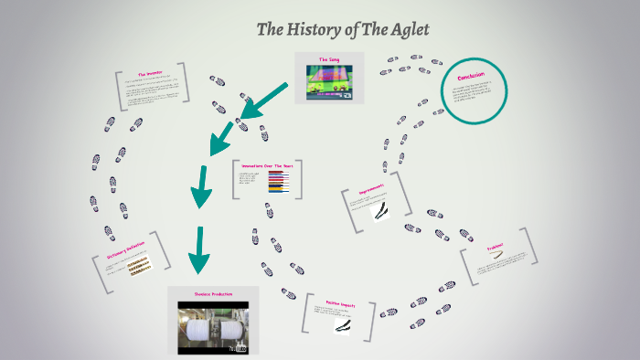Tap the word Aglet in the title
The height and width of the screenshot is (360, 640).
coord(409,29)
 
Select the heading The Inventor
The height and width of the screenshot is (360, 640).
coord(150,74)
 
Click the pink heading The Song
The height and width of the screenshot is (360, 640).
coord(329,59)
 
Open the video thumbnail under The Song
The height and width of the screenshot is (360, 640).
coord(329,82)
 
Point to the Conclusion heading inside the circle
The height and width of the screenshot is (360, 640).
coord(472,75)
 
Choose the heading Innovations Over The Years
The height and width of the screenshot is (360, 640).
coord(265,165)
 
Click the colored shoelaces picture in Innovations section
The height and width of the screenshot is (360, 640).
coord(278,183)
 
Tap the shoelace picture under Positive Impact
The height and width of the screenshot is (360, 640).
coord(342,325)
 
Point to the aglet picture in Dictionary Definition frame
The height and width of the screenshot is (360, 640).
coord(139,266)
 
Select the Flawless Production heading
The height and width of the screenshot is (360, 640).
coord(212,294)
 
